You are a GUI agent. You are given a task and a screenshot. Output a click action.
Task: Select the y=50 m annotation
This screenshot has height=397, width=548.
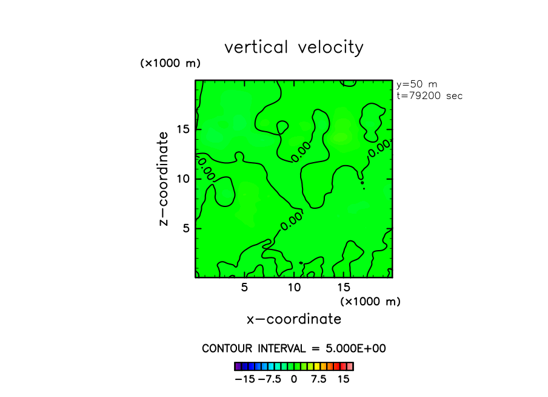coord(416,84)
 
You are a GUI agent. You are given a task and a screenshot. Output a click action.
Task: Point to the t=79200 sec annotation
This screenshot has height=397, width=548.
coord(429,95)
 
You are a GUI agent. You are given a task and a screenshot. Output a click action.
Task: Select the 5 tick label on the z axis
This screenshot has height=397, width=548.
coord(186,228)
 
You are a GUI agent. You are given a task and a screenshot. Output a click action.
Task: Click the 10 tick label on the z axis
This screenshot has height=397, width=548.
coord(182,178)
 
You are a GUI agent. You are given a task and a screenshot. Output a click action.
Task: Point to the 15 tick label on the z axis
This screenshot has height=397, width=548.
coord(182,129)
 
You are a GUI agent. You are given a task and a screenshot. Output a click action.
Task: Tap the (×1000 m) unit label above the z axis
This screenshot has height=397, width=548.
coord(170,63)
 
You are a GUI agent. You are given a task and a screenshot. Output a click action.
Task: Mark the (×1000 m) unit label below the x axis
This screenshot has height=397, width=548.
coord(370,301)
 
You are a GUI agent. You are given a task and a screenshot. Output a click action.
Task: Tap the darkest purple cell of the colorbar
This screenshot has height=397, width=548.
coord(238,366)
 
